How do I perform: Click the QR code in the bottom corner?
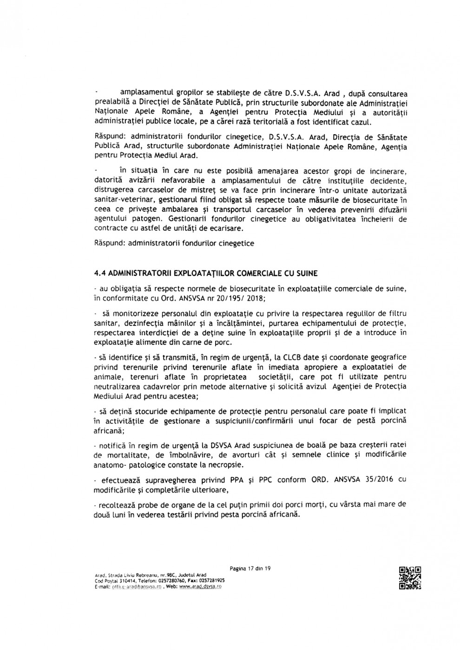pyautogui.click(x=410, y=578)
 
